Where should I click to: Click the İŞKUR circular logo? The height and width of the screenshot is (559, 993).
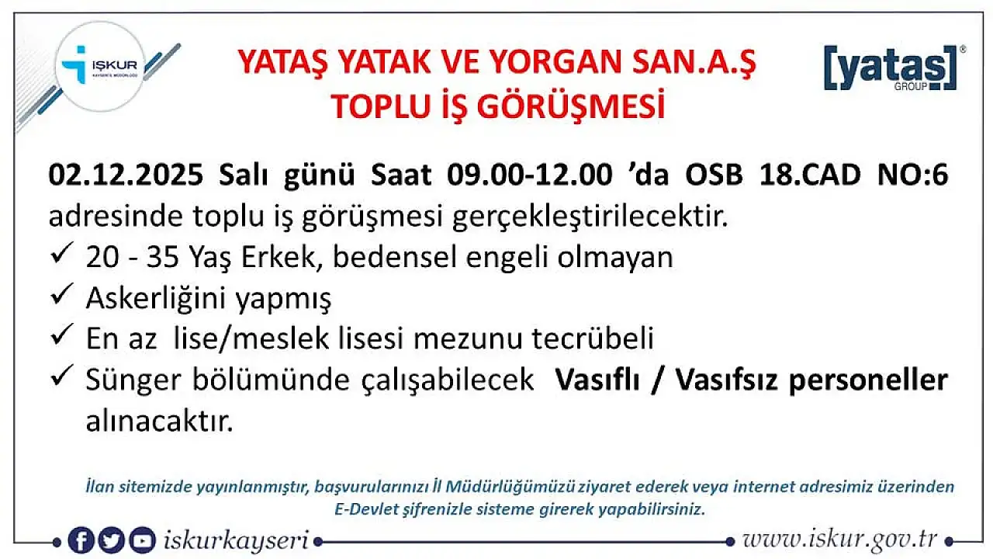point(100,67)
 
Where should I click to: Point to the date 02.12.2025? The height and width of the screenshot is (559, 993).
point(126,175)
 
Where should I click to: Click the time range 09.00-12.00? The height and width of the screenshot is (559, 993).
point(530,175)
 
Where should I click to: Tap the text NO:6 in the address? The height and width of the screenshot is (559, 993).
point(913,175)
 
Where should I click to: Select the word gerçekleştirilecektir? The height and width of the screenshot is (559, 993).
point(590,217)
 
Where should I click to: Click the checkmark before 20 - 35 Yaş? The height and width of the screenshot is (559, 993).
point(61,253)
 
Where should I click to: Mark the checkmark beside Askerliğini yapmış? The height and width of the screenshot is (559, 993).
point(61,293)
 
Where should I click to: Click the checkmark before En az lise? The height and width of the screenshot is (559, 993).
point(61,335)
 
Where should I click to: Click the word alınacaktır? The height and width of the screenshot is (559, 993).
point(159,422)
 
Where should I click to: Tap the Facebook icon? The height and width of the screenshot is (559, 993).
point(81,540)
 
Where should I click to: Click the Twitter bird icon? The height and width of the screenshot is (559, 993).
point(111,540)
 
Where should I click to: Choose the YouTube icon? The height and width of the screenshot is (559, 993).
point(142,540)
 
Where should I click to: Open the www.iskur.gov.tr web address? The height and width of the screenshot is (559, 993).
point(839,540)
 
